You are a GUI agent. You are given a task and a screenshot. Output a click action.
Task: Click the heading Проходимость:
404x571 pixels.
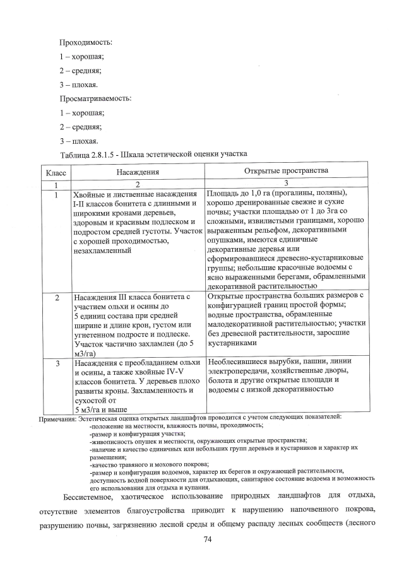86,42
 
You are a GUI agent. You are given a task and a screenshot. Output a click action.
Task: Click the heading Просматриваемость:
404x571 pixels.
95,99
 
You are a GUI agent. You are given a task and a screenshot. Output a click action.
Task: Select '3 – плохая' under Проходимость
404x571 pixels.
79,85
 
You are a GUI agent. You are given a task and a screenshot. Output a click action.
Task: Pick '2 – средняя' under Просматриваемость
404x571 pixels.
81,127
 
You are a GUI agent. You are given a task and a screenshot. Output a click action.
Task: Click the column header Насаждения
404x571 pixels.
137,172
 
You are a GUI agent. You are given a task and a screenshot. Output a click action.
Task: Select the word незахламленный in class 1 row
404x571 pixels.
103,250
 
